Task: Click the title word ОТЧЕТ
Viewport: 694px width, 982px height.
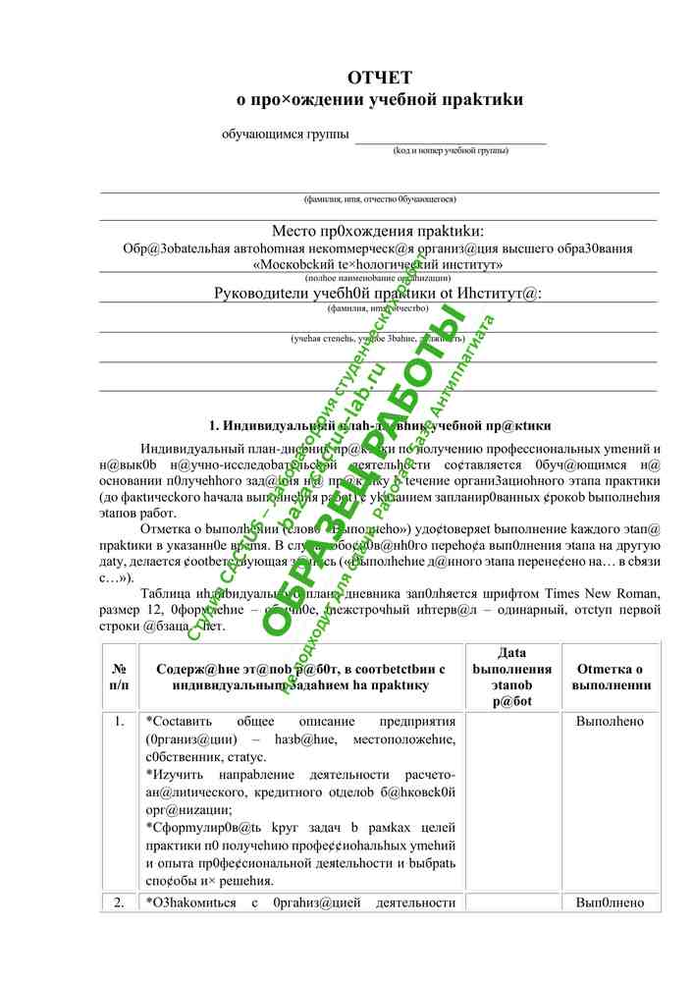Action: point(379,78)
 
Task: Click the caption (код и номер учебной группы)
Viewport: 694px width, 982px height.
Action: point(451,150)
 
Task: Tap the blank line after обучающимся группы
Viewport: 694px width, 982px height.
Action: point(450,137)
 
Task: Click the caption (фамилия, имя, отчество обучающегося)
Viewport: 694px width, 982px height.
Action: point(379,199)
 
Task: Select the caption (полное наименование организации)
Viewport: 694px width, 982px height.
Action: point(379,278)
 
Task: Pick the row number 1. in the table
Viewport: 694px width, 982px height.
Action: point(119,722)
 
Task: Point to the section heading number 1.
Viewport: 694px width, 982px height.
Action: point(213,425)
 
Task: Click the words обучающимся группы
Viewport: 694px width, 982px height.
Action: point(285,134)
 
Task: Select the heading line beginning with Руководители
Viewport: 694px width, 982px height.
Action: point(379,293)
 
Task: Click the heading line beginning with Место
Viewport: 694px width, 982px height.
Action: point(379,232)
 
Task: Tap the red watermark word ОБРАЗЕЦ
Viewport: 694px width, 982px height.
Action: point(324,550)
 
